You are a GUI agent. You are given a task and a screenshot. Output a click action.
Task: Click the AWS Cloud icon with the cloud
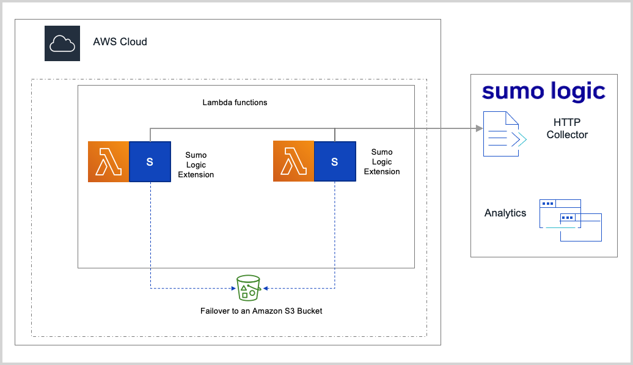click(x=62, y=43)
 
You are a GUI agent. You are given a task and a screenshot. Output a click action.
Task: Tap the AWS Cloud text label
click(x=120, y=42)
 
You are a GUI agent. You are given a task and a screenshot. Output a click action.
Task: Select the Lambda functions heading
click(x=235, y=102)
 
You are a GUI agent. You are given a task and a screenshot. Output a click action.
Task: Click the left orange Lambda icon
click(x=108, y=162)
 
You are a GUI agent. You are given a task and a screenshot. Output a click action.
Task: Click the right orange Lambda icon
click(x=293, y=162)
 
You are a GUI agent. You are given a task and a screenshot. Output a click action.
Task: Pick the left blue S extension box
click(x=150, y=162)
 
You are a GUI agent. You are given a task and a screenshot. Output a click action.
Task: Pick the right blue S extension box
click(x=335, y=162)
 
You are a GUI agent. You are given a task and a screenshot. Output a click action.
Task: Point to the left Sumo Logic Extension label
click(x=196, y=165)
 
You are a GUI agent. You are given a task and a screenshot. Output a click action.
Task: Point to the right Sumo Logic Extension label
click(x=382, y=162)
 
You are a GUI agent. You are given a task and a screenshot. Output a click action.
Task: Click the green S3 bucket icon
click(x=248, y=287)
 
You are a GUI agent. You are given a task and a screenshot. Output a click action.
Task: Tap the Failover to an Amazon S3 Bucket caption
click(x=261, y=311)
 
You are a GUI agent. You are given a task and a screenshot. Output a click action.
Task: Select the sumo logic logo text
click(x=543, y=91)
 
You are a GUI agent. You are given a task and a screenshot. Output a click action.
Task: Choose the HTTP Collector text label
click(x=567, y=129)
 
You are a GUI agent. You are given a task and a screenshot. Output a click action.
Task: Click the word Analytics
click(x=505, y=213)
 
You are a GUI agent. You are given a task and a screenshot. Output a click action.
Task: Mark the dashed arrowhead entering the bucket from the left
click(x=233, y=288)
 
